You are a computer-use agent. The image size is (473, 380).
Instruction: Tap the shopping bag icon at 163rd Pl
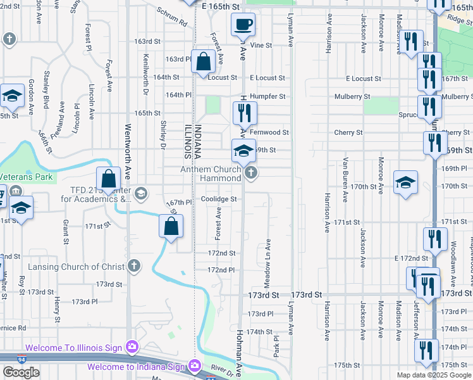pyautogui.click(x=203, y=63)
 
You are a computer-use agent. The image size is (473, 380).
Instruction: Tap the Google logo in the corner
pyautogui.click(x=21, y=372)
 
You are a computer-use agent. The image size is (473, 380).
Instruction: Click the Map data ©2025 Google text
pyautogui.click(x=434, y=375)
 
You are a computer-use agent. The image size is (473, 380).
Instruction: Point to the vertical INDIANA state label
pyautogui.click(x=197, y=138)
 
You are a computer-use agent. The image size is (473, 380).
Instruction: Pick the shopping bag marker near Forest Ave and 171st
pyautogui.click(x=171, y=227)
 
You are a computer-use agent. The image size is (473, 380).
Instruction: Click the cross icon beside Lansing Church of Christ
pyautogui.click(x=133, y=266)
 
